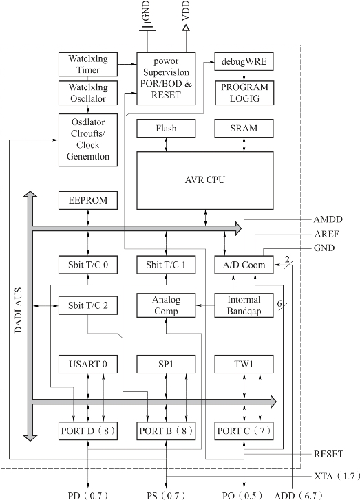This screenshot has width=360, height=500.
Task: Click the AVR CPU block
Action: tap(205, 180)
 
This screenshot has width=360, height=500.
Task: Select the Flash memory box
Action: tap(166, 128)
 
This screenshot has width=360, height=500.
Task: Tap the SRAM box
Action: tap(244, 128)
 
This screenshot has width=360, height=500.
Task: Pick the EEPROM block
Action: tap(88, 200)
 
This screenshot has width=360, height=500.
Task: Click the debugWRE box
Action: tap(244, 61)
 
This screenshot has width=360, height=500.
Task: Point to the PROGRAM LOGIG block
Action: tap(244, 93)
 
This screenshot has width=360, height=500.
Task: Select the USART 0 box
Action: tap(88, 364)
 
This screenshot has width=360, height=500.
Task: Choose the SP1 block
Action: tap(166, 364)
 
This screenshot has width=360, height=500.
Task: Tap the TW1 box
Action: tap(244, 364)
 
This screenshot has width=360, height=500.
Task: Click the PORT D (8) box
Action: tap(88, 431)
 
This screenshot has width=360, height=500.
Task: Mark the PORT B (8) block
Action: tap(166, 431)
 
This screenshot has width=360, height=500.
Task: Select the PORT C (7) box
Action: tap(244, 431)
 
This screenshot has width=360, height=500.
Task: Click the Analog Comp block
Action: tap(166, 305)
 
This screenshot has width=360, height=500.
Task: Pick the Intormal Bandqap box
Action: tap(244, 305)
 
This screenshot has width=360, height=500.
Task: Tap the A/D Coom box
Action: tap(244, 265)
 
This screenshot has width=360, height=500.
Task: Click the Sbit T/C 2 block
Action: tap(88, 305)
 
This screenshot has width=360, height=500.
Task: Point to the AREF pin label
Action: tap(326, 234)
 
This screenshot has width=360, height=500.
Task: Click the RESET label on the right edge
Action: tap(329, 454)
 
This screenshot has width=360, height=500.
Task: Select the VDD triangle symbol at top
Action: tap(186, 28)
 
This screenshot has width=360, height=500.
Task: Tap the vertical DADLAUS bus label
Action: tap(19, 310)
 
